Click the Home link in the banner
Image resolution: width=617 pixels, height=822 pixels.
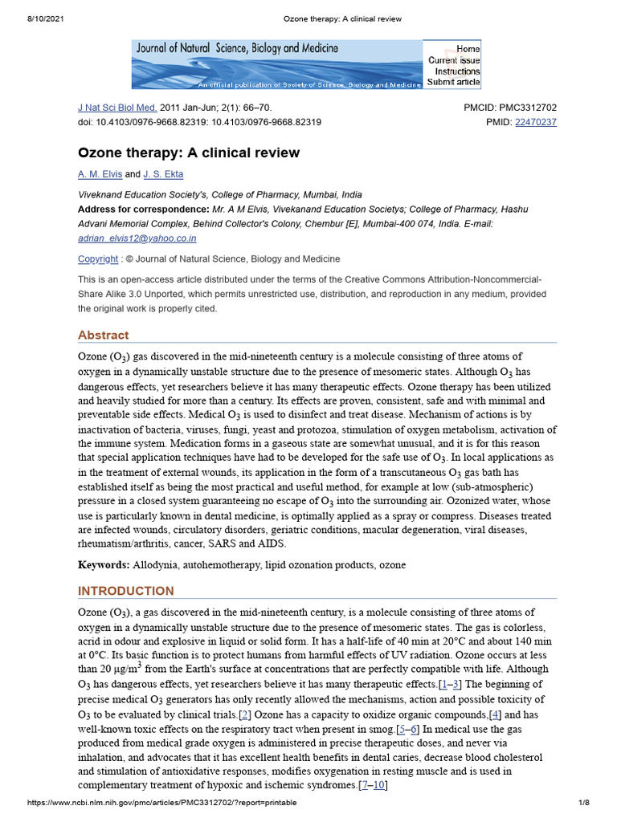click(468, 48)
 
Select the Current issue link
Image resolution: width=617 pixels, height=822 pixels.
click(454, 60)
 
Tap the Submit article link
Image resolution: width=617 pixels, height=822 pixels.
click(453, 82)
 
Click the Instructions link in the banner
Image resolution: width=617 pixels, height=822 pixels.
click(457, 71)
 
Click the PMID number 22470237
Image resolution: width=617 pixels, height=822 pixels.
click(535, 122)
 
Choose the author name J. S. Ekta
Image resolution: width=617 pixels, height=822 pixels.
click(163, 174)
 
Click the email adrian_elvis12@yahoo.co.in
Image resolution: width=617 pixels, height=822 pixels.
click(137, 238)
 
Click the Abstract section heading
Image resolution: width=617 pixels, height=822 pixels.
click(103, 335)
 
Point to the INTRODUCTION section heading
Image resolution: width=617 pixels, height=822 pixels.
click(125, 591)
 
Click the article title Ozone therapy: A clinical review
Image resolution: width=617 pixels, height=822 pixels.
click(188, 153)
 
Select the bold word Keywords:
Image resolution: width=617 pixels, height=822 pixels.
click(104, 565)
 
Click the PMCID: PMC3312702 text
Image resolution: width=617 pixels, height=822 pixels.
click(510, 108)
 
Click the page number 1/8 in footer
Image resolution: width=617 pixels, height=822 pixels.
click(584, 803)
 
